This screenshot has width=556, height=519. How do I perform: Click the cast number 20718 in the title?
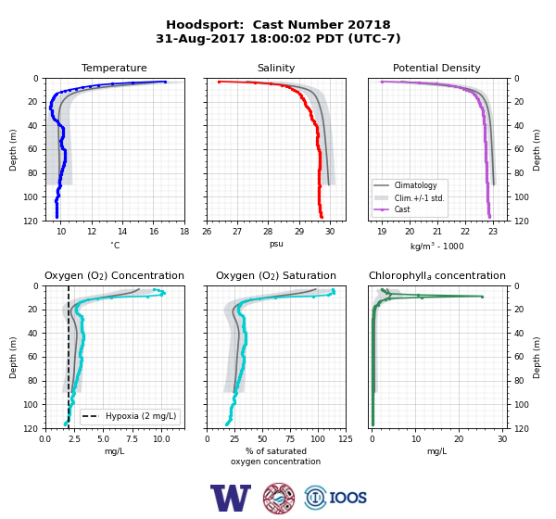[x=369, y=25]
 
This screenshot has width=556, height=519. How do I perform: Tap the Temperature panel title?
[x=114, y=68]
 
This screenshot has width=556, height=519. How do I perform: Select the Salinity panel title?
[x=276, y=68]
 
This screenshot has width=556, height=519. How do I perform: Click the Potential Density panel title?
[x=436, y=68]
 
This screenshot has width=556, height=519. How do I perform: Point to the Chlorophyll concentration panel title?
[x=437, y=275]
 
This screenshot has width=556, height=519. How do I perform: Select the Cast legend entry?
[x=392, y=209]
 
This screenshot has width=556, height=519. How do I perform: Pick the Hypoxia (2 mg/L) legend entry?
[x=129, y=416]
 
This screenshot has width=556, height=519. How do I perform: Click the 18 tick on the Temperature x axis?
[x=184, y=232]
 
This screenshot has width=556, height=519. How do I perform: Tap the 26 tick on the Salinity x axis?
[x=207, y=232]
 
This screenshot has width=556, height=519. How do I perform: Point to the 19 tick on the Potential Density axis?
[x=382, y=232]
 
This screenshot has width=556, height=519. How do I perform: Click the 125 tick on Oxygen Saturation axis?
[x=346, y=439]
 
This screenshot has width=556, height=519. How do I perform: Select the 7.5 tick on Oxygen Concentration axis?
[x=132, y=439]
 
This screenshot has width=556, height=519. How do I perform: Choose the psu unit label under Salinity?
[x=276, y=244]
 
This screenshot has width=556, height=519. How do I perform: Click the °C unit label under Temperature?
[x=115, y=245]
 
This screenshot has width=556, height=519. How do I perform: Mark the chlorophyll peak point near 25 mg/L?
[x=482, y=297]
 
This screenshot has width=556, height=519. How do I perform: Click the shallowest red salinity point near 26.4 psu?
[x=219, y=82]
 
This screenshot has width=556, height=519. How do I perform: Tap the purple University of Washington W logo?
[x=231, y=498]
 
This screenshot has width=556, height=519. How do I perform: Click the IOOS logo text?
[x=347, y=498]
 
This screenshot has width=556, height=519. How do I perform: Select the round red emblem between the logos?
[x=279, y=498]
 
